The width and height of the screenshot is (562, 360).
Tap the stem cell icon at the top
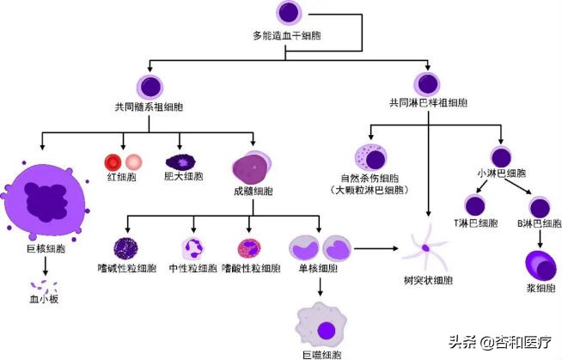286,14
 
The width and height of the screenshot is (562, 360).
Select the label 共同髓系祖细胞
153,108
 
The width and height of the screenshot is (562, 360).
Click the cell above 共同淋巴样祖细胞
428,84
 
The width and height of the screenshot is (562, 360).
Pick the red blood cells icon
123,162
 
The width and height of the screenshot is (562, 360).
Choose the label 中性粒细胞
193,269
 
